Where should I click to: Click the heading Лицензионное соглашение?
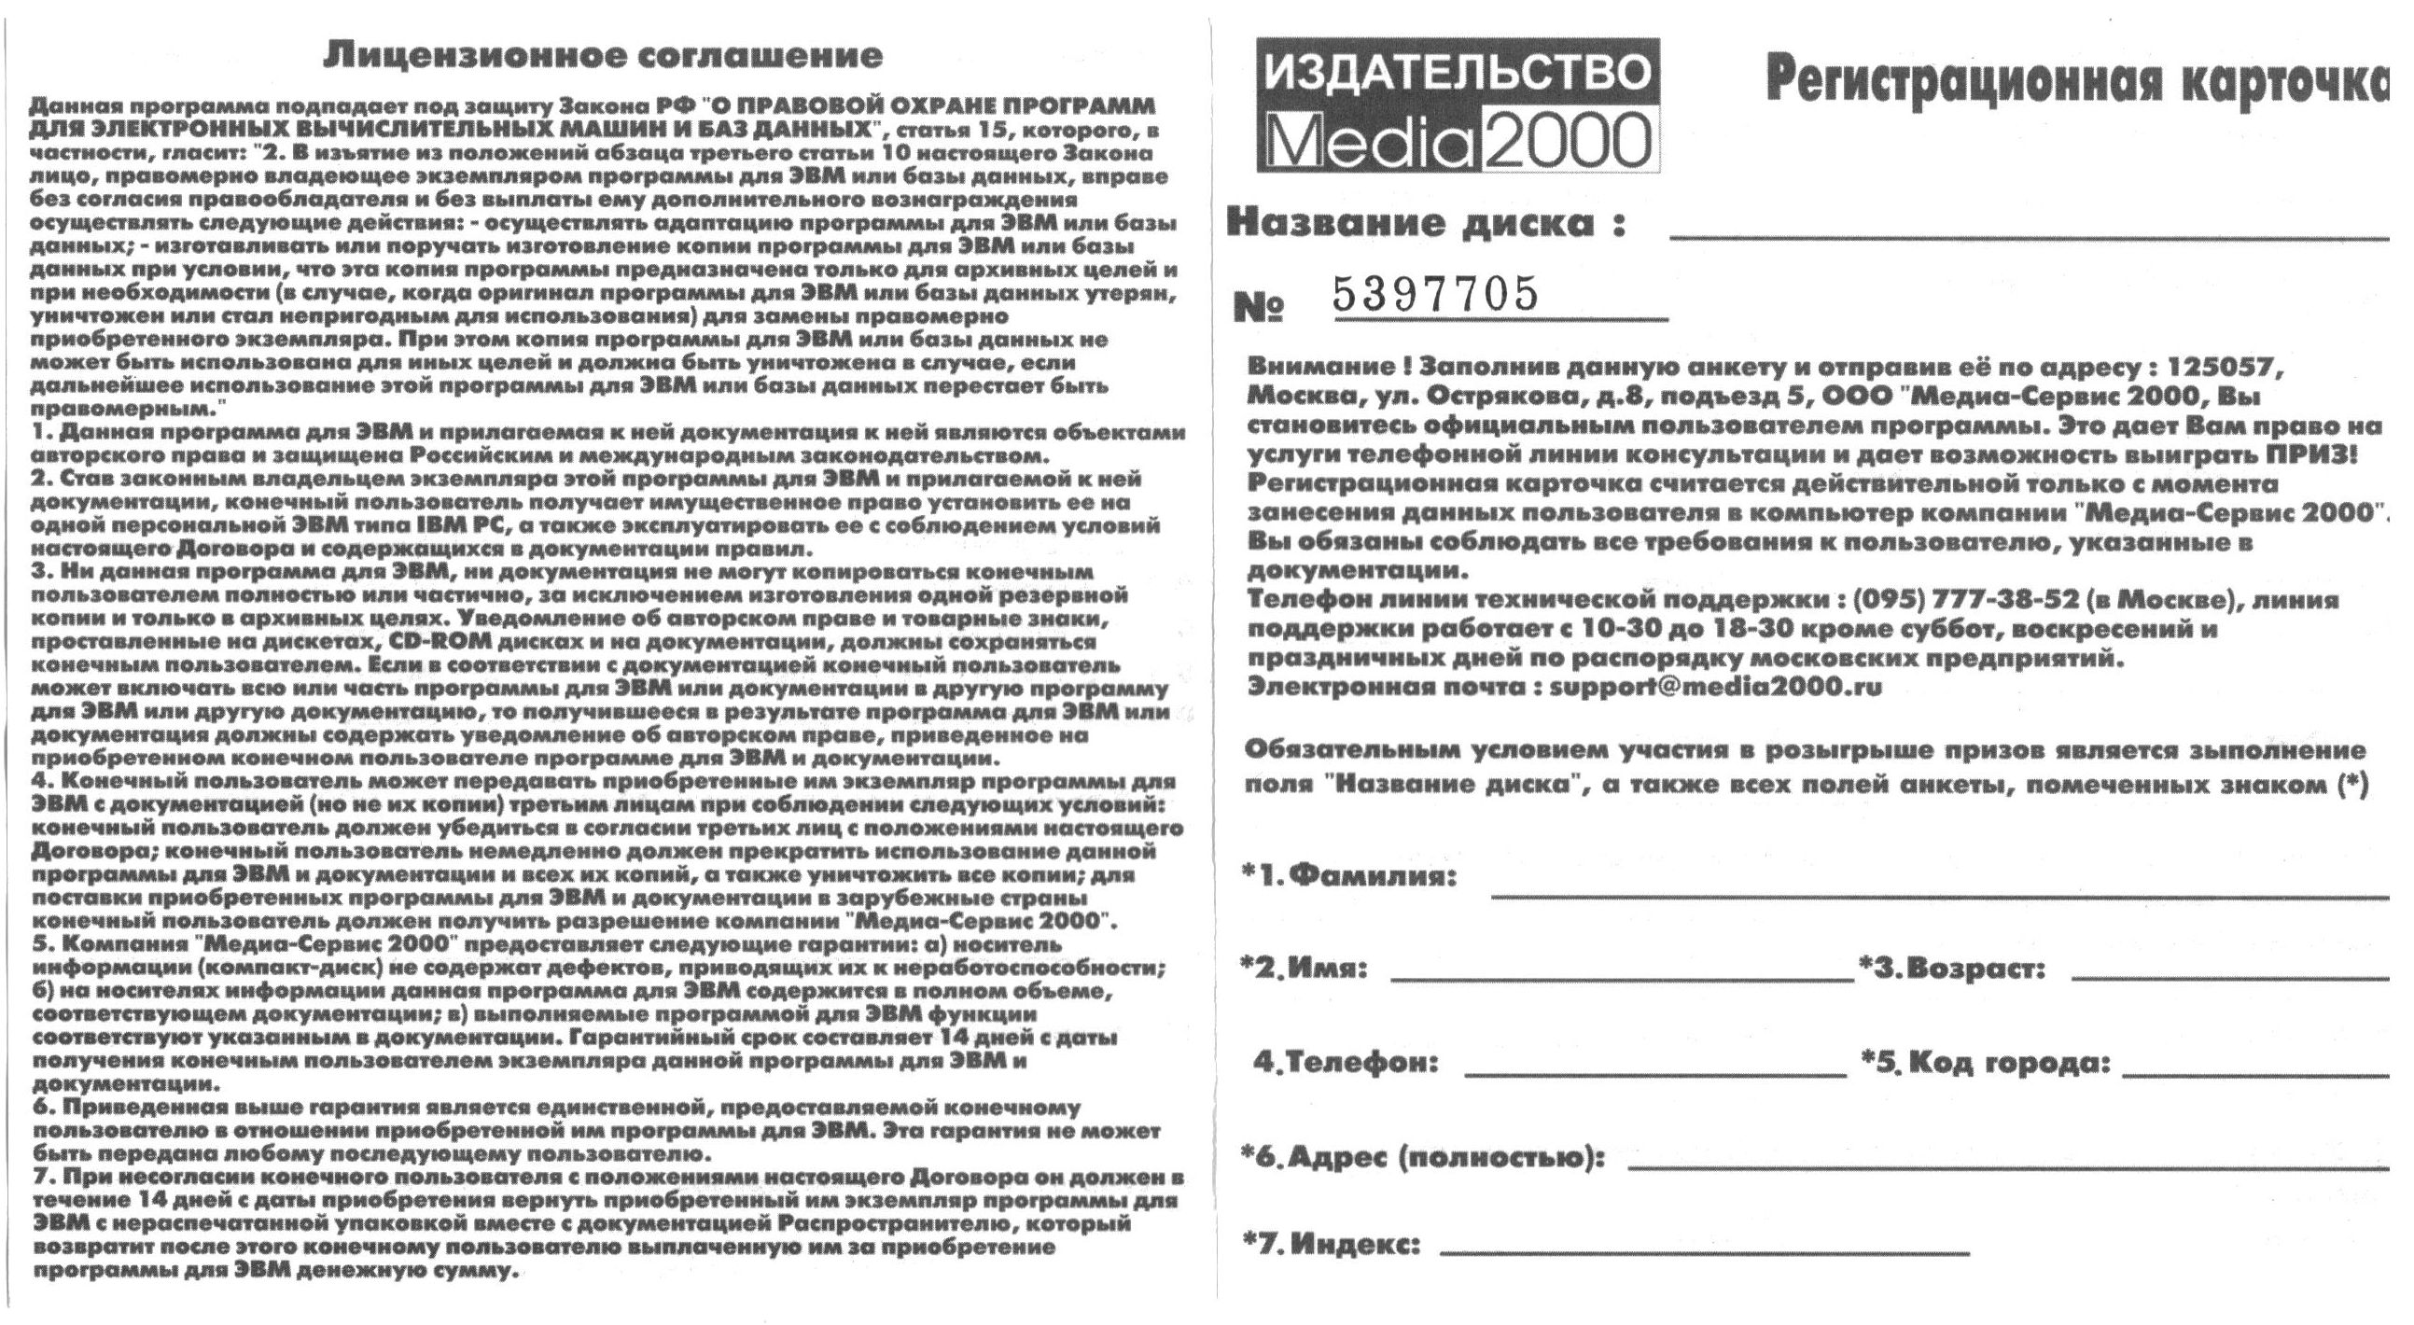603,56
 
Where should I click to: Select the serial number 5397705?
1436,294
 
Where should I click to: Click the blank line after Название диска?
2029,239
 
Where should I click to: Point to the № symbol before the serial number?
1261,306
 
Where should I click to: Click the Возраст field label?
1952,968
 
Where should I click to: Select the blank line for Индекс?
1704,1254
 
